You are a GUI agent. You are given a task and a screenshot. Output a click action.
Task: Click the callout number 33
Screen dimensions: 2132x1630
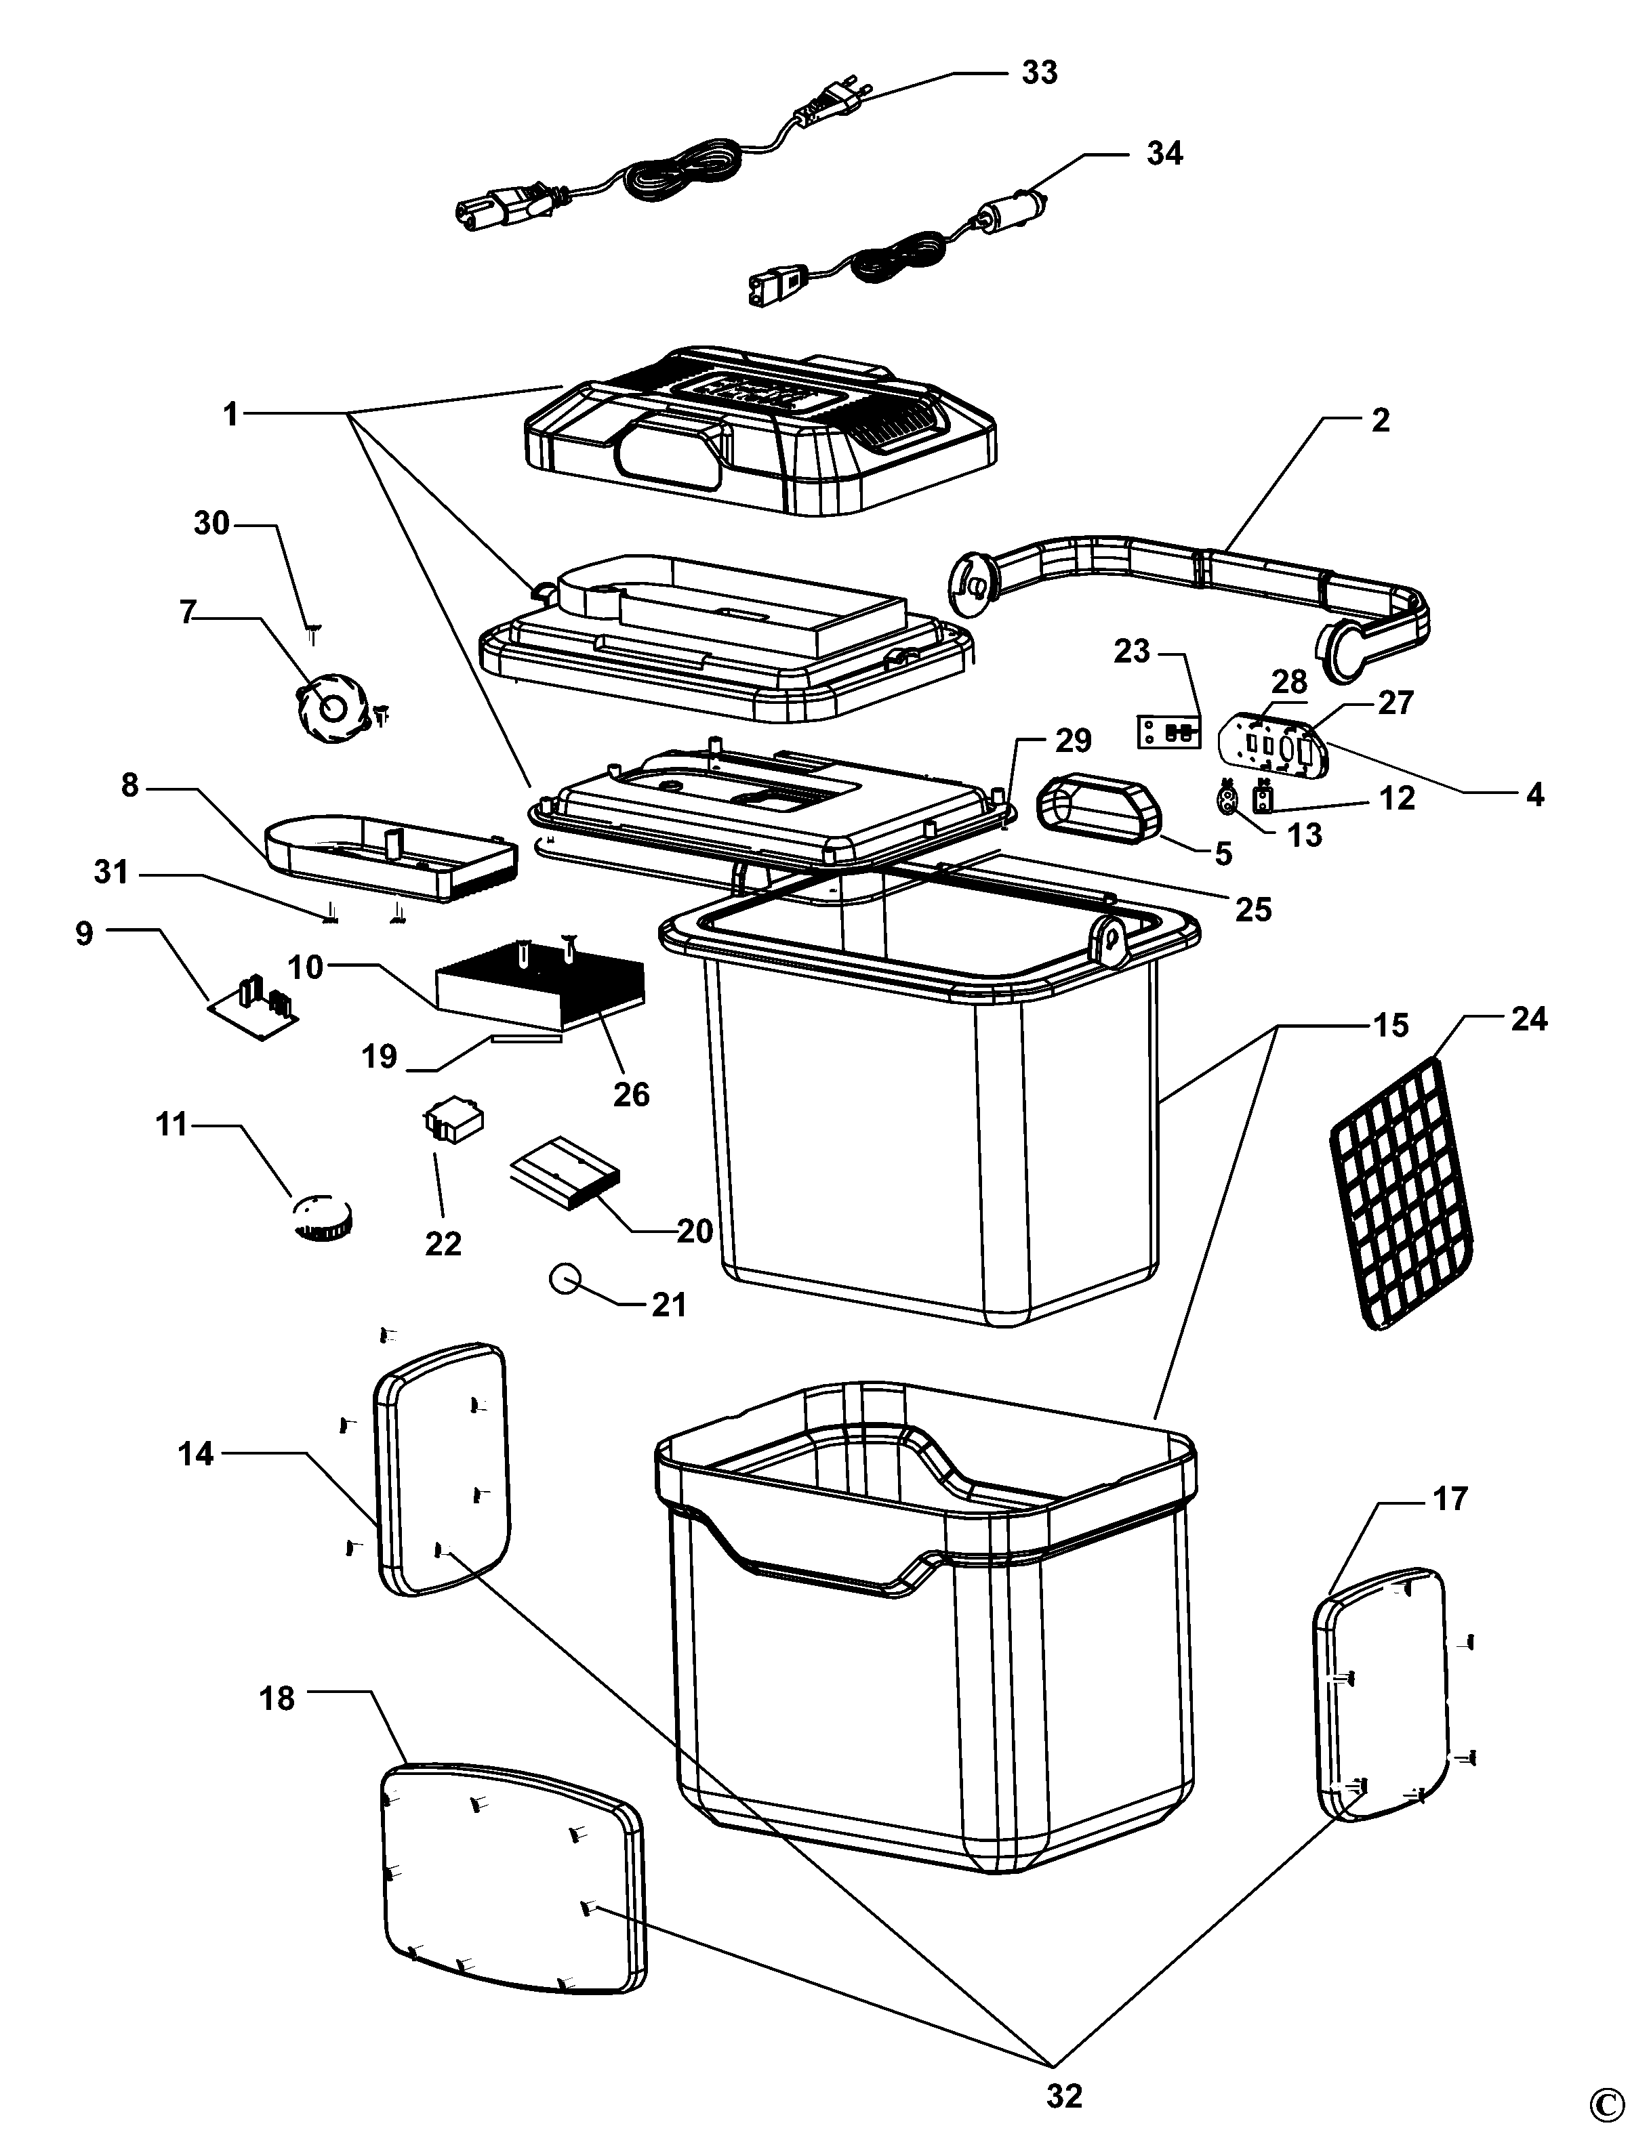tap(1039, 72)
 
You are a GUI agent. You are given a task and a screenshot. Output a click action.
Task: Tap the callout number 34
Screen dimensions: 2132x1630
tap(1164, 153)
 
